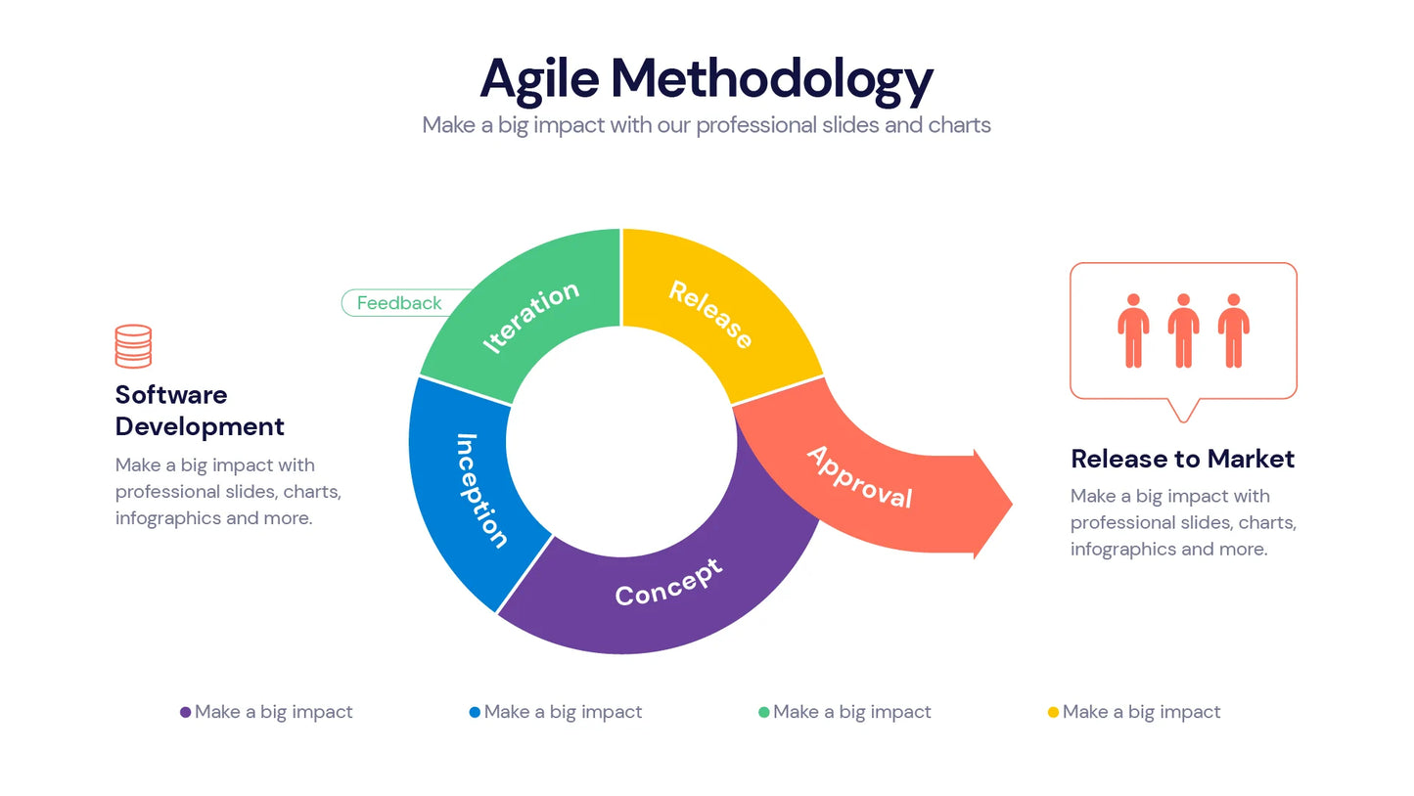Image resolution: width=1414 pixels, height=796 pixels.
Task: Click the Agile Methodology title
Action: (706, 79)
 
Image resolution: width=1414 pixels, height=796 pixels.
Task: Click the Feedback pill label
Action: (399, 303)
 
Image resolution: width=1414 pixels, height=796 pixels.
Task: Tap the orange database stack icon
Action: (133, 346)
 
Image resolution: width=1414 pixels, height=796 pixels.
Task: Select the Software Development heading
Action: (200, 411)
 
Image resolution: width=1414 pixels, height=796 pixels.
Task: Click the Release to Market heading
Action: (1182, 459)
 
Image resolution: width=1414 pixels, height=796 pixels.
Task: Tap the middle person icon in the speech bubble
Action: (1183, 331)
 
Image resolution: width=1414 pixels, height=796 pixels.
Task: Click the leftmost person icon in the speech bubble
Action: (1133, 331)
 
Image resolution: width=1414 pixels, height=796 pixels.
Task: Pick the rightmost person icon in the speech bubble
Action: (1233, 331)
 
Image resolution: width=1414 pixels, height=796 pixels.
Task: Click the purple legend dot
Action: (185, 712)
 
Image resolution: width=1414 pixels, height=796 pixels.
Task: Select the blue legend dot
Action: (475, 712)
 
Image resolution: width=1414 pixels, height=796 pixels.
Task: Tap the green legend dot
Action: (763, 712)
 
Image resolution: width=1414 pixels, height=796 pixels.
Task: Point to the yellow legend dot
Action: (1053, 712)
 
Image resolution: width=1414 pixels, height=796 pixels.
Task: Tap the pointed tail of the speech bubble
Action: (1183, 413)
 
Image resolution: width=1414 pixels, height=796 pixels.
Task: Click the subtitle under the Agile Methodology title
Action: (706, 125)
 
